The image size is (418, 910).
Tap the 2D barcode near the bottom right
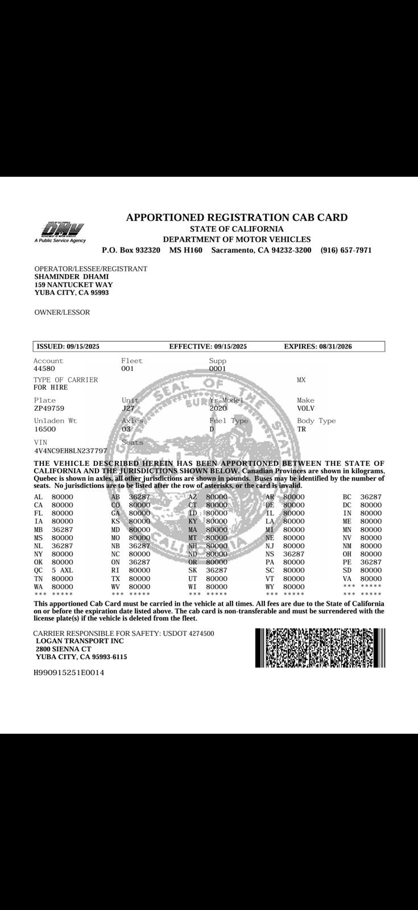[320, 648]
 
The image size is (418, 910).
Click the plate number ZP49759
[49, 408]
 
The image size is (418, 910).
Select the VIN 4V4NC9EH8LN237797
[71, 451]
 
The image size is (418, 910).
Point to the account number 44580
[44, 369]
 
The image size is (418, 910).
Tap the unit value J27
[128, 408]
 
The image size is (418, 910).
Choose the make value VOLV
[305, 408]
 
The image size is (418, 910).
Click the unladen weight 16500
[45, 429]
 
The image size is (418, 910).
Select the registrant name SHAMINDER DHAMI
[71, 276]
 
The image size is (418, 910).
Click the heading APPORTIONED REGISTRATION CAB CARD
[237, 217]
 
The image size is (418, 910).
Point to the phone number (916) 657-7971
[346, 250]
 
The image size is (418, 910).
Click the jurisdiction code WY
[270, 587]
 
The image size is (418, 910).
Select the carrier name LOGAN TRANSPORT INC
[80, 641]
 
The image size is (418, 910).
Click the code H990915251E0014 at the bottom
[69, 672]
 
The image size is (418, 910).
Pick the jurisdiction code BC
[347, 497]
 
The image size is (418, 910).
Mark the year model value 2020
[218, 408]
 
